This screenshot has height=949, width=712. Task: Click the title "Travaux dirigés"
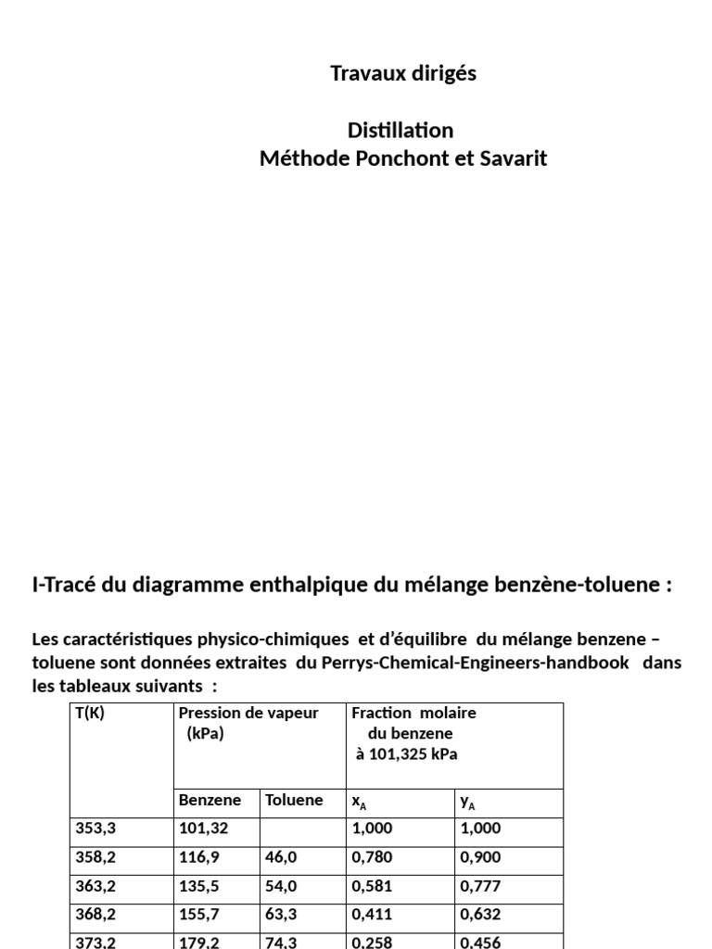click(x=403, y=74)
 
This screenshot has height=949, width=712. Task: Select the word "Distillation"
click(x=401, y=130)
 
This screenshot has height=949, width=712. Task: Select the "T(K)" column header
click(x=90, y=714)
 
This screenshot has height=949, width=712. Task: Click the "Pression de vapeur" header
click(x=248, y=714)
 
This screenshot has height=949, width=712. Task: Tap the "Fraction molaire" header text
click(x=414, y=714)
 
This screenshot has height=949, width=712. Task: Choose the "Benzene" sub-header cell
click(x=210, y=801)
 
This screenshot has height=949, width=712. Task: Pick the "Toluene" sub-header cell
click(x=294, y=801)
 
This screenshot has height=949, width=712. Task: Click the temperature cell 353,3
click(x=95, y=829)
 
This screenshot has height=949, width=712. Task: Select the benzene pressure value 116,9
click(x=199, y=858)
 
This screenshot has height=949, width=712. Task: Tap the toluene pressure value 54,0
click(x=281, y=887)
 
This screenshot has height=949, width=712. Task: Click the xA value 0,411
click(x=372, y=915)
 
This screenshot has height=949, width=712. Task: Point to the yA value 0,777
click(x=480, y=887)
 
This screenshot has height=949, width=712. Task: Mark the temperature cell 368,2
click(x=95, y=915)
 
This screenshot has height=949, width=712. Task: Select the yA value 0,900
click(x=480, y=858)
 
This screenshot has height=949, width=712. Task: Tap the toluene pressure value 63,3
click(x=281, y=915)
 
